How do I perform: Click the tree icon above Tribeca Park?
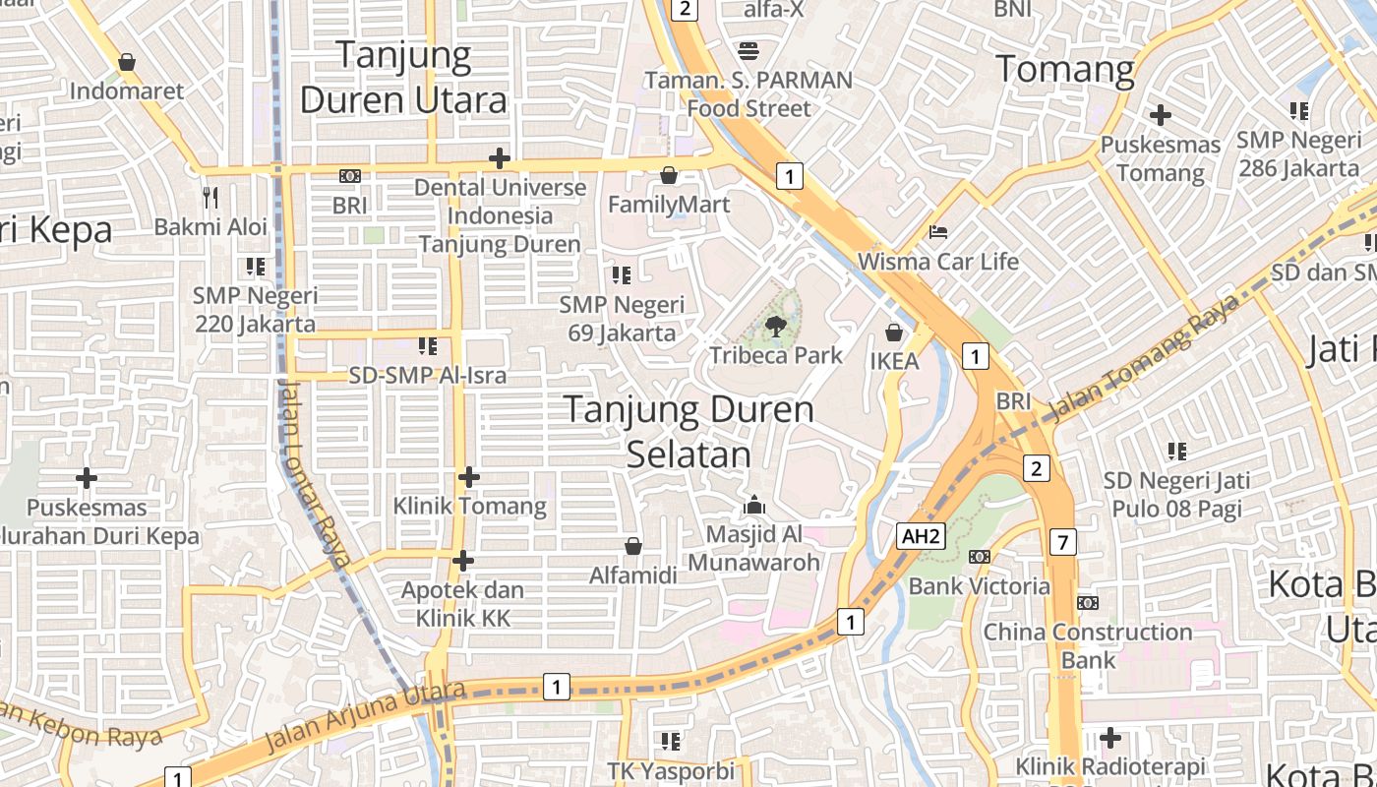(776, 325)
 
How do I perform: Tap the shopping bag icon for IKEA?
(894, 333)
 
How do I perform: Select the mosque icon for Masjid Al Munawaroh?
(754, 505)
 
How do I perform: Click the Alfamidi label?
(633, 575)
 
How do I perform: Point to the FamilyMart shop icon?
(669, 176)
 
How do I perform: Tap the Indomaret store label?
(127, 91)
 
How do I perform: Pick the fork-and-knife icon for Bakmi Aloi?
(210, 198)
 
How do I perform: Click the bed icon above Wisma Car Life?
(938, 232)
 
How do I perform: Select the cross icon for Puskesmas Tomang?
(1161, 115)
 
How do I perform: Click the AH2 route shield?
(922, 536)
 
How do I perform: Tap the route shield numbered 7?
(1062, 541)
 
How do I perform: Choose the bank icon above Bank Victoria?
(979, 557)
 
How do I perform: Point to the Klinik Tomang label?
(469, 506)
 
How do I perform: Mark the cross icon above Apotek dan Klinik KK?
(462, 561)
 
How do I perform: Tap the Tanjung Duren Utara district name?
(404, 77)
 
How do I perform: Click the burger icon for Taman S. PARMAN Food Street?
(748, 51)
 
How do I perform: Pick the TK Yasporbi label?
(671, 771)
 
